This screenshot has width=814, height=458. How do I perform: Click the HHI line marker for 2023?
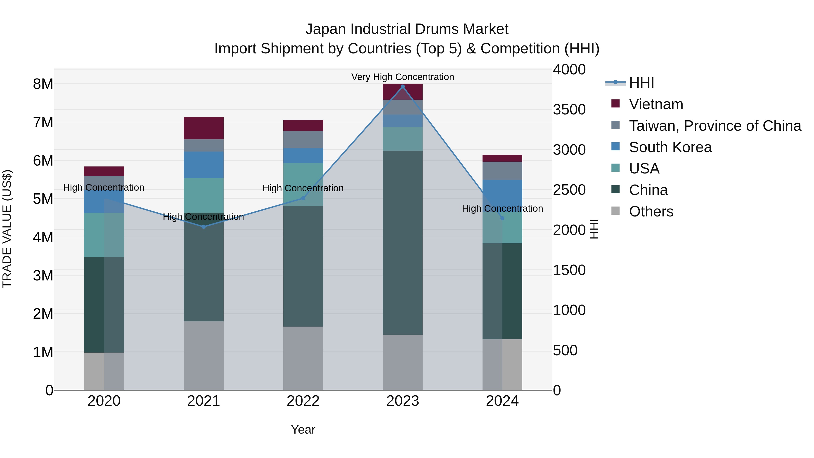402,87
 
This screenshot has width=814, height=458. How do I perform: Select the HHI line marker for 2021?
203,227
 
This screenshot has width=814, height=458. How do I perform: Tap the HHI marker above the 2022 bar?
303,198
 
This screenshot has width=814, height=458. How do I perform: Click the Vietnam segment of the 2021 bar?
203,128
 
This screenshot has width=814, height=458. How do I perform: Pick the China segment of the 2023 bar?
402,242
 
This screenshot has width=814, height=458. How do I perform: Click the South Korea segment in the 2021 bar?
203,165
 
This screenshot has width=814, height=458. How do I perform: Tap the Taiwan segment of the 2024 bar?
502,171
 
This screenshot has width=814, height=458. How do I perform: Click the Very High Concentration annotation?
402,77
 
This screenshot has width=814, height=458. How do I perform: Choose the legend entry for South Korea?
670,147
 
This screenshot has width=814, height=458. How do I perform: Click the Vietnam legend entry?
656,104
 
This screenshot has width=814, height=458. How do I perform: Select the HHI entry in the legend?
641,83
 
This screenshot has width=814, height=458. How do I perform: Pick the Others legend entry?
651,211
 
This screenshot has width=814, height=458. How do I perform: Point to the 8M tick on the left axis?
43,84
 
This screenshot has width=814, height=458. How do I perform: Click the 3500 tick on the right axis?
569,110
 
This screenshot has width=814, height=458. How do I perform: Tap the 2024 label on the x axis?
502,401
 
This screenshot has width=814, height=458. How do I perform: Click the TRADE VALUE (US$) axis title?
7,229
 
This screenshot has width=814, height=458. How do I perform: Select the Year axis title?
303,430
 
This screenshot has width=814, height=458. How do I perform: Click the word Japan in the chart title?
325,29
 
